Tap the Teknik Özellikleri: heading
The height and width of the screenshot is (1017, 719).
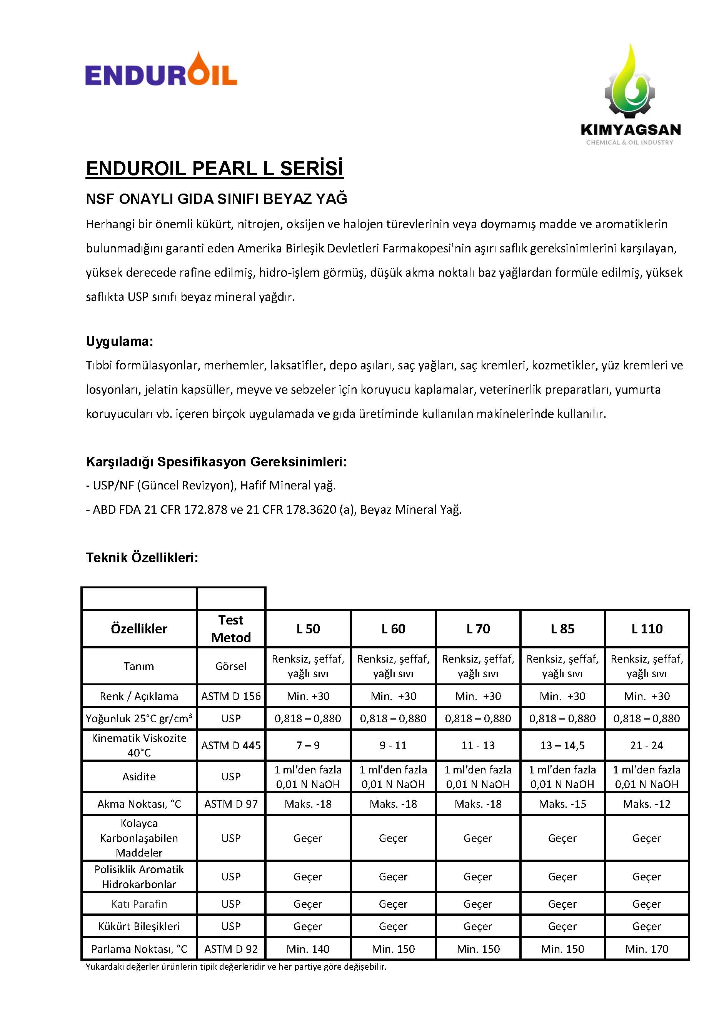click(142, 557)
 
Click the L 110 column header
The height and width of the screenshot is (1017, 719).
click(646, 628)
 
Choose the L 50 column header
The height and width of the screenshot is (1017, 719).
click(308, 628)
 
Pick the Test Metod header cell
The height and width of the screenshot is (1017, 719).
click(231, 628)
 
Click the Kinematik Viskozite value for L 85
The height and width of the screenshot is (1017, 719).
click(562, 745)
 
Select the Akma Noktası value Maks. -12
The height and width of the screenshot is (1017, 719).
click(646, 804)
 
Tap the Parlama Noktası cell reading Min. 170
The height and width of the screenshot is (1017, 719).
click(646, 949)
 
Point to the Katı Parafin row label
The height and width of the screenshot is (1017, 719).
click(139, 904)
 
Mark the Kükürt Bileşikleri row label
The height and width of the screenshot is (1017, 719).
click(139, 926)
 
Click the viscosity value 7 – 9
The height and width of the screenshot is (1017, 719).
click(308, 745)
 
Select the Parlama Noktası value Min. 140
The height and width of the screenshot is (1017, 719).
click(308, 949)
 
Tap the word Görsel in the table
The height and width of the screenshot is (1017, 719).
click(231, 666)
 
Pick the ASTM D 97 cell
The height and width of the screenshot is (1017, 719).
click(231, 804)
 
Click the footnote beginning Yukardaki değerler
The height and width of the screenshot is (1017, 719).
click(236, 967)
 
